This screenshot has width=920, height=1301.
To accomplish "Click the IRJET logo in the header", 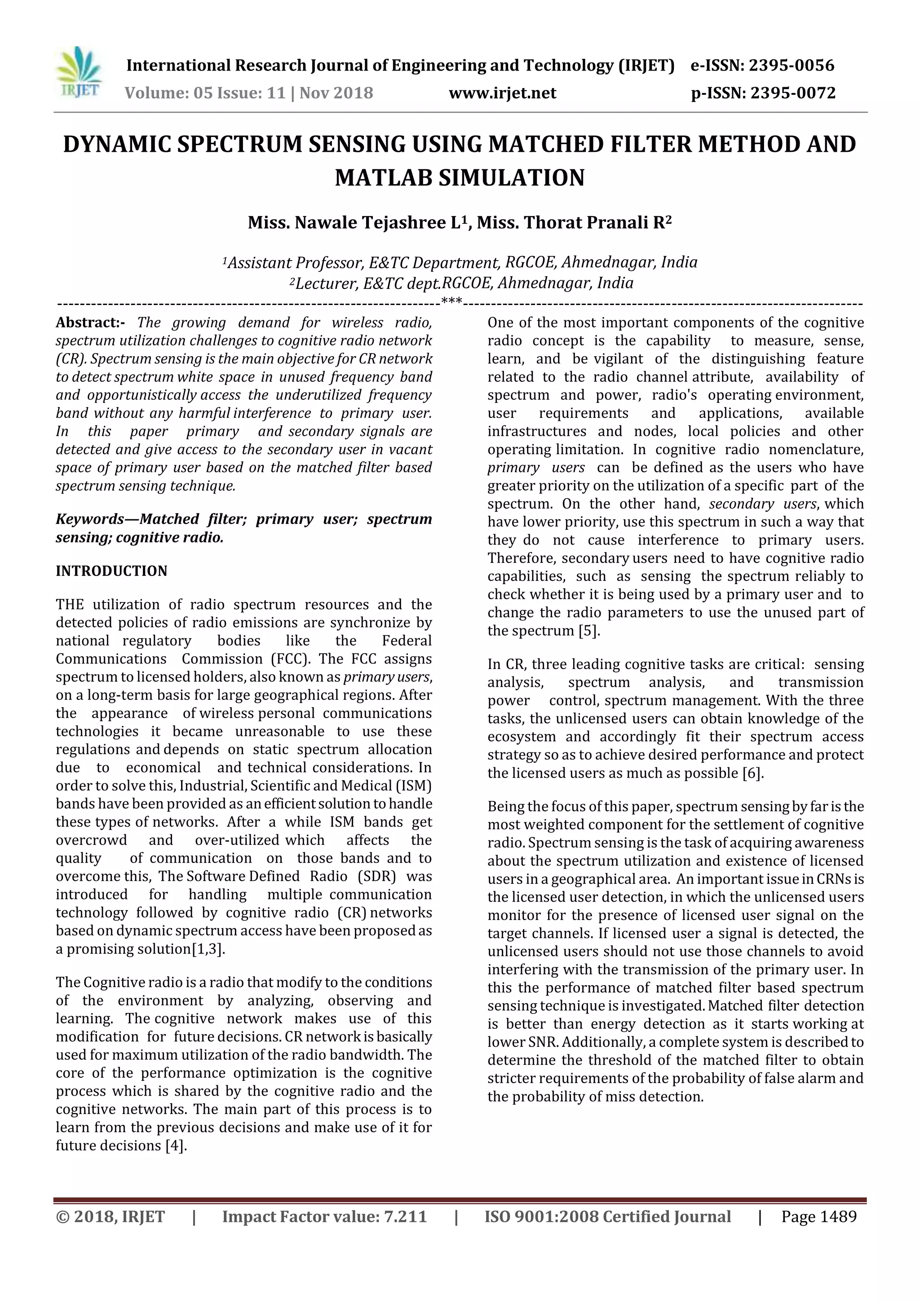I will (x=80, y=74).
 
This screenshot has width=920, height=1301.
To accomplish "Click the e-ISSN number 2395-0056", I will (x=792, y=66).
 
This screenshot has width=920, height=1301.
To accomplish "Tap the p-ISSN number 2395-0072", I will (x=792, y=93).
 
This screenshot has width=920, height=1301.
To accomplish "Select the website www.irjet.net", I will (x=503, y=93).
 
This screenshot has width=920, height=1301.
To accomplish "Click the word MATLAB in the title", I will (x=383, y=178).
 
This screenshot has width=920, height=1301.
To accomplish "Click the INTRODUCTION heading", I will (x=111, y=571).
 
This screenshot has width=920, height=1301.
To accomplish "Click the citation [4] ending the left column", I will (x=176, y=1145).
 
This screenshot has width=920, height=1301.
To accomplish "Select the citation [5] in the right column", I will (x=588, y=631).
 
